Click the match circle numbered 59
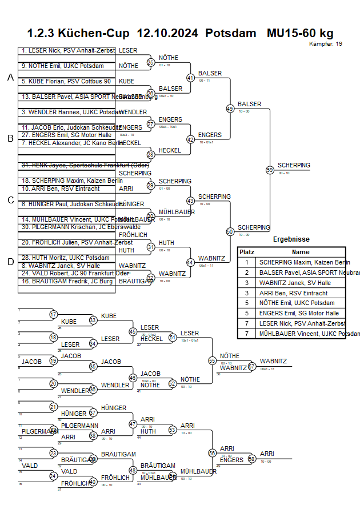270,170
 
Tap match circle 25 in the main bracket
151,63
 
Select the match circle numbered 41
191,78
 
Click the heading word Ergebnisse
291,239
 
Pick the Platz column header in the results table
247,252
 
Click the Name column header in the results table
300,252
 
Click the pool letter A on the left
10,78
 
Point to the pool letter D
10,262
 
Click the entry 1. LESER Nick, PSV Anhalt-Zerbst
68,51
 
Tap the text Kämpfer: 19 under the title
326,44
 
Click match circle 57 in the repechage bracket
252,366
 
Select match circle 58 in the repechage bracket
252,459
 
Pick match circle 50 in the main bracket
230,231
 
